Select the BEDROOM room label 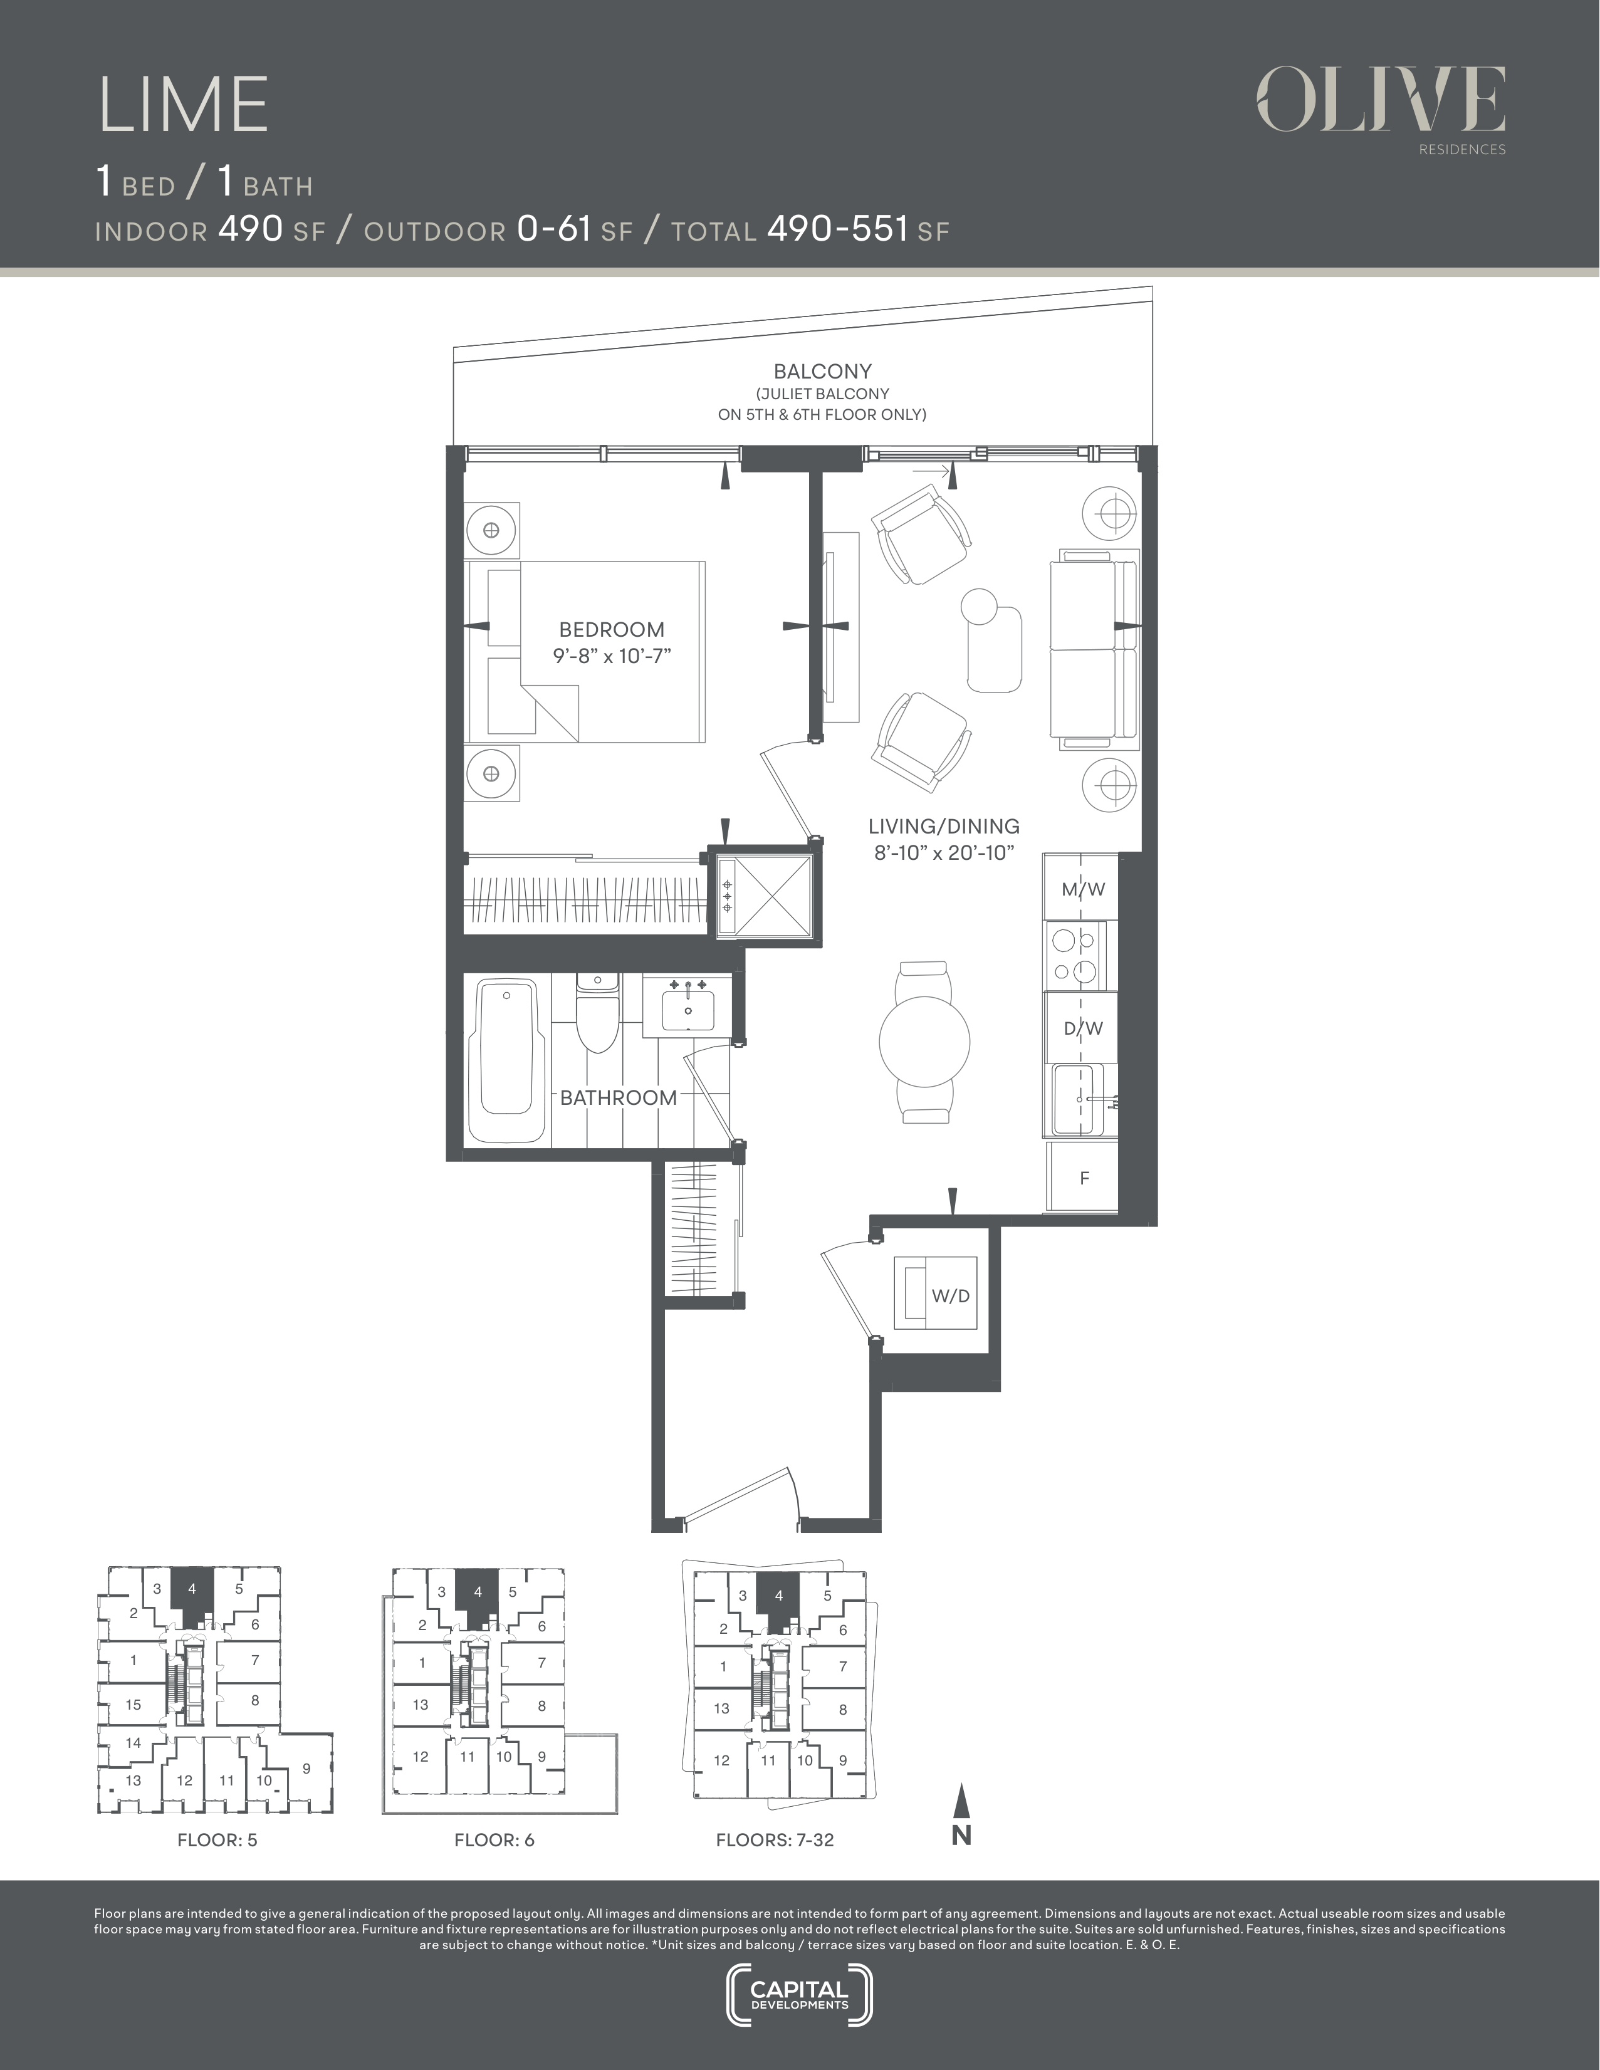click(x=612, y=629)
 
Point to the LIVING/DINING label click(x=945, y=827)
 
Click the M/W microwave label click(x=1082, y=889)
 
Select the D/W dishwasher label click(x=1082, y=1028)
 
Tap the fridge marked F click(x=1082, y=1177)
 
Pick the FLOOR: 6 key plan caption click(x=494, y=1839)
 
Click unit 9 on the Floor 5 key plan click(x=306, y=1768)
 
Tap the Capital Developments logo click(x=799, y=1996)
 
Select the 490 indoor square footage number click(x=250, y=228)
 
